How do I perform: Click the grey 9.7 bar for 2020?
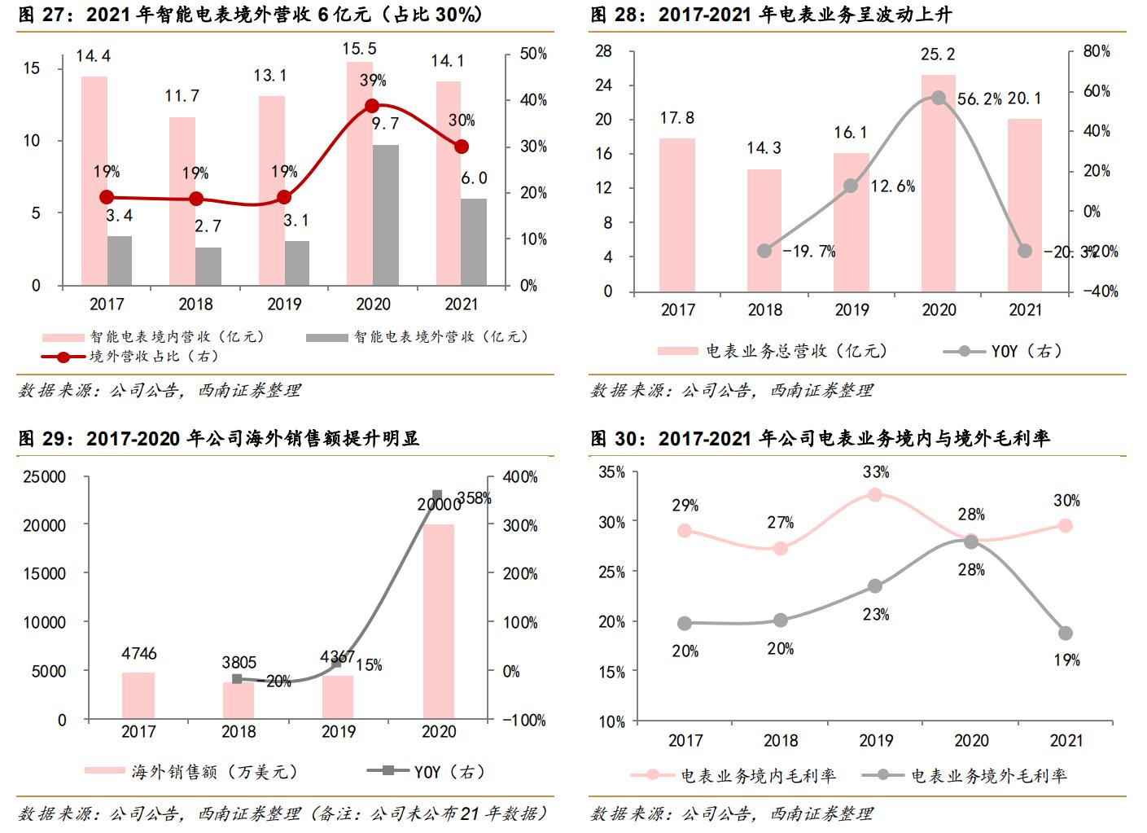pyautogui.click(x=386, y=216)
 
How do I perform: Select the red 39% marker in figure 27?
pyautogui.click(x=372, y=106)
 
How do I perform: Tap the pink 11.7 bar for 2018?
pyautogui.click(x=182, y=201)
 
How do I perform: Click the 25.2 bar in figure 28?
pyautogui.click(x=938, y=183)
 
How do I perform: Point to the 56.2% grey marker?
pyautogui.click(x=938, y=98)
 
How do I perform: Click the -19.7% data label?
pyautogui.click(x=808, y=252)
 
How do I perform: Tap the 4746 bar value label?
pyautogui.click(x=138, y=654)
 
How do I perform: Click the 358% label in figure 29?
pyautogui.click(x=474, y=498)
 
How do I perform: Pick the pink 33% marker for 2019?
pyautogui.click(x=875, y=494)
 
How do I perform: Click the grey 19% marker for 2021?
pyautogui.click(x=1066, y=633)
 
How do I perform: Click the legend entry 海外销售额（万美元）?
pyautogui.click(x=213, y=771)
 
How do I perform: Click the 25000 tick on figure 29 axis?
pyautogui.click(x=44, y=477)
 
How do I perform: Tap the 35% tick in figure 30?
pyautogui.click(x=611, y=471)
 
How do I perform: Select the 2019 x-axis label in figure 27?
pyautogui.click(x=283, y=305)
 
